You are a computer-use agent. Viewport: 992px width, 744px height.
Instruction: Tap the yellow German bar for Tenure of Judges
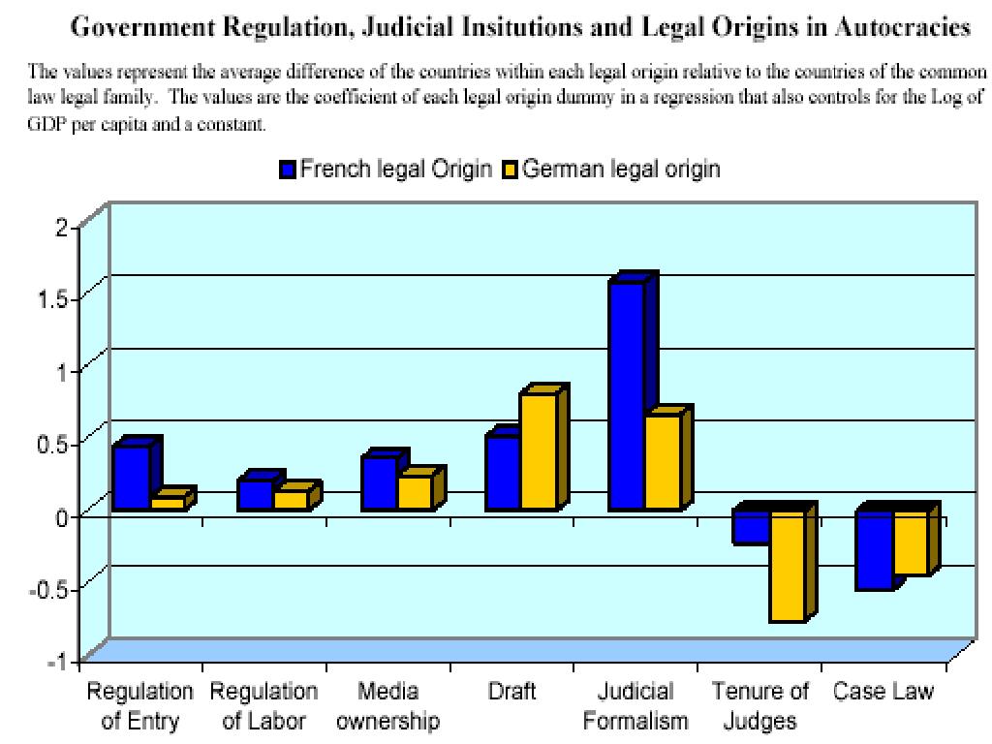coord(788,567)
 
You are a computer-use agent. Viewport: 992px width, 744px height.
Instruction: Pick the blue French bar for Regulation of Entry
coord(132,478)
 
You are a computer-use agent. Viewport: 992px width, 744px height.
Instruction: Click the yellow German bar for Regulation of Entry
coord(168,504)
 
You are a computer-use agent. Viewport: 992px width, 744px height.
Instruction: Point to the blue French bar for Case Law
coord(875,550)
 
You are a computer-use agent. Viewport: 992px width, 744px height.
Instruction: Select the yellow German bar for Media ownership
coord(415,493)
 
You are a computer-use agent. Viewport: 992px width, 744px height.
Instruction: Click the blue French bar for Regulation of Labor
coord(256,495)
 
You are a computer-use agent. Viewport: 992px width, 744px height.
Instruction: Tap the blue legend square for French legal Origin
coord(287,170)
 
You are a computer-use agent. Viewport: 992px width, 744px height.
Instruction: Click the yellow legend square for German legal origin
coord(511,170)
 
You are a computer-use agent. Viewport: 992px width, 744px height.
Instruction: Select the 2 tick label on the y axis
coord(63,227)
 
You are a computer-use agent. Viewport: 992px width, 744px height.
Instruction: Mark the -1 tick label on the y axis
coord(60,661)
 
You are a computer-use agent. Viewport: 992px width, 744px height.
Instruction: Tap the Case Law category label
coord(883,692)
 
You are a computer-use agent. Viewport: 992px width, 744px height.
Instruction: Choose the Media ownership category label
coord(387,706)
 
